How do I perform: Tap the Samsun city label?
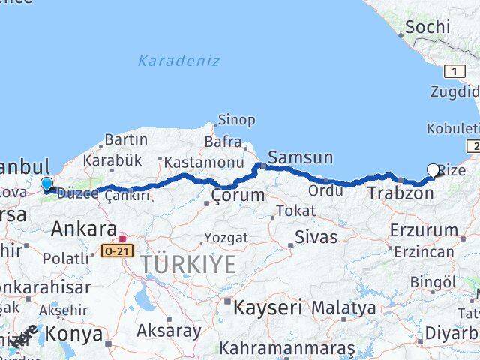(x=300, y=157)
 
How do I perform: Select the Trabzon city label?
(x=400, y=193)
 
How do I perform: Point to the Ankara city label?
(x=83, y=229)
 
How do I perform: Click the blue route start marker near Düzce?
(x=46, y=184)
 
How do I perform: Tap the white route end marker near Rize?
(x=433, y=170)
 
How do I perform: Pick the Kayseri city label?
(x=268, y=307)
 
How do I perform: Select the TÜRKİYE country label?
(x=186, y=263)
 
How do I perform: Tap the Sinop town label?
(x=236, y=120)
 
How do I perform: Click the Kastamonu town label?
(x=204, y=162)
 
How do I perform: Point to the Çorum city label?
(x=238, y=196)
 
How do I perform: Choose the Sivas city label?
(x=315, y=237)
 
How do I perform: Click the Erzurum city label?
(x=424, y=230)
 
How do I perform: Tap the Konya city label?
(x=73, y=334)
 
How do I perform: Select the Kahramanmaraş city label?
(x=286, y=349)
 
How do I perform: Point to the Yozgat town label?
(x=226, y=237)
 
